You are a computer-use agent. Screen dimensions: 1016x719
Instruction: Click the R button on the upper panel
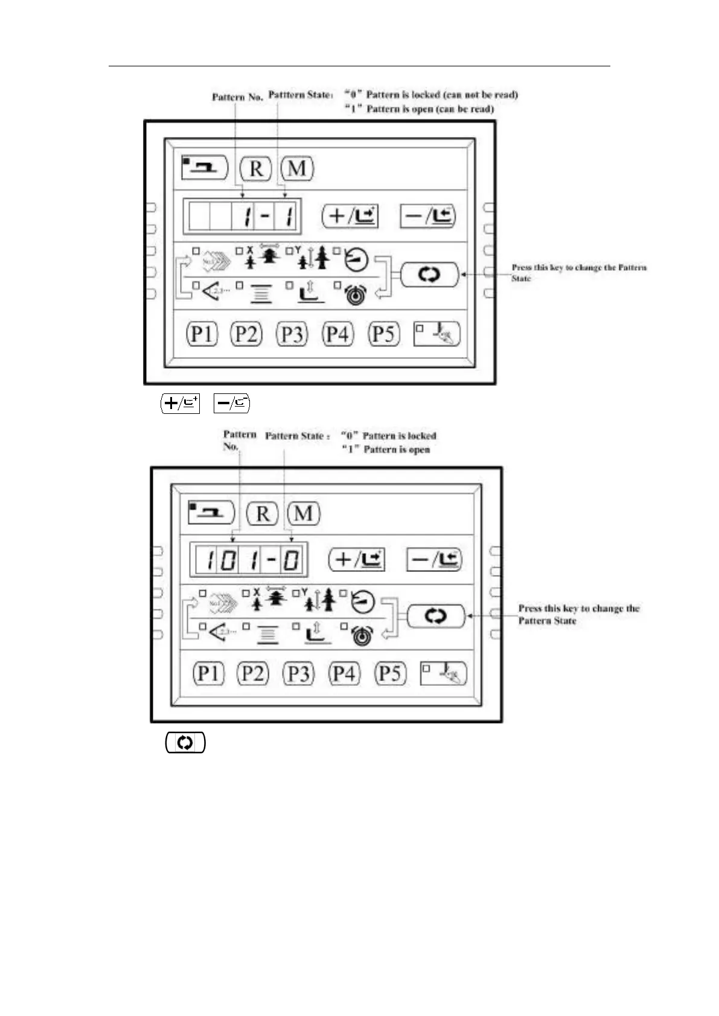256,168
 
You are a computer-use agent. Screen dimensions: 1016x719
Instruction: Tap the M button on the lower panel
304,513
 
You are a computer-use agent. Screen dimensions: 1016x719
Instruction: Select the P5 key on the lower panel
390,673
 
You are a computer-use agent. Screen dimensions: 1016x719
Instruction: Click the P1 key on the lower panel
208,673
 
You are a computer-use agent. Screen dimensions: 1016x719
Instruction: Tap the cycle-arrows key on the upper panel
429,275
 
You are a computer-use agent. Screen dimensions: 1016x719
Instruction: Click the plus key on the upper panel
350,215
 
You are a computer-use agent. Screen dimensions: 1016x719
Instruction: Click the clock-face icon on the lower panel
362,602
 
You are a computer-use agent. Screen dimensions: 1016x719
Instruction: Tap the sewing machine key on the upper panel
205,167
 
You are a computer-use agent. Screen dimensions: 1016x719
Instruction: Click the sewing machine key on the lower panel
211,513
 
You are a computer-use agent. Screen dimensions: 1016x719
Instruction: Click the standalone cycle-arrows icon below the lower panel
185,743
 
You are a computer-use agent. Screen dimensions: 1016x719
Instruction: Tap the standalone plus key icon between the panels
180,402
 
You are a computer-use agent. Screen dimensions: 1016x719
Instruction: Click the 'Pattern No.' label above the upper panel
237,97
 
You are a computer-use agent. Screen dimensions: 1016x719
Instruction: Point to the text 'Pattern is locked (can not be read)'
442,95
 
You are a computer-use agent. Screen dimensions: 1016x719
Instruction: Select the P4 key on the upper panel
337,334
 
